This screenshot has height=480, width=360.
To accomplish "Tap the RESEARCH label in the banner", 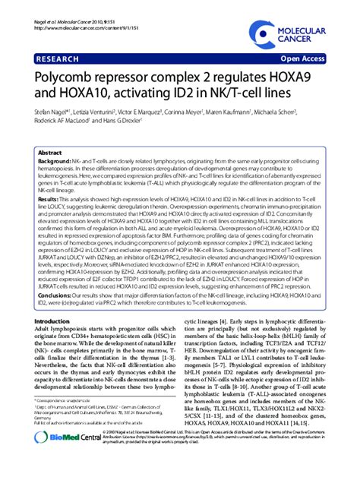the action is tap(57, 58).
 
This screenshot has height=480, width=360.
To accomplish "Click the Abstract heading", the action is tap(51, 152).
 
